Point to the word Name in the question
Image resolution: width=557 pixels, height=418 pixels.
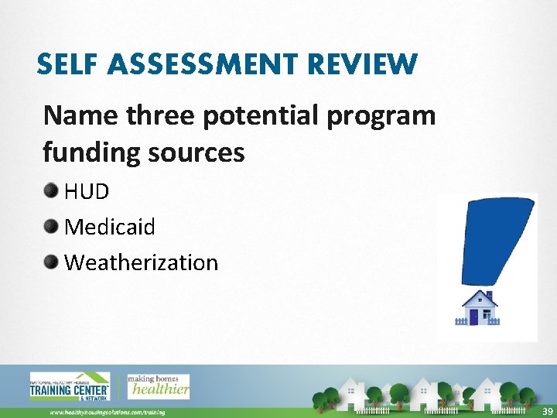point(78,115)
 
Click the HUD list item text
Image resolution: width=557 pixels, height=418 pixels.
point(87,191)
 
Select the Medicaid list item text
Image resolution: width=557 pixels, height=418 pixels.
point(110,227)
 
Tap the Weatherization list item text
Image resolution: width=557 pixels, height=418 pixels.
point(142,262)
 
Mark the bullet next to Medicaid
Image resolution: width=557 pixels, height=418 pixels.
point(52,226)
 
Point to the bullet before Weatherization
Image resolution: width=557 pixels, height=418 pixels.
point(52,262)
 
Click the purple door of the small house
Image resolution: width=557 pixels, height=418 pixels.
point(474,317)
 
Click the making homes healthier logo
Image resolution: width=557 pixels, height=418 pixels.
point(158,386)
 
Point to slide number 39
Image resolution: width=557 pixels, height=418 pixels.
point(546,409)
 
